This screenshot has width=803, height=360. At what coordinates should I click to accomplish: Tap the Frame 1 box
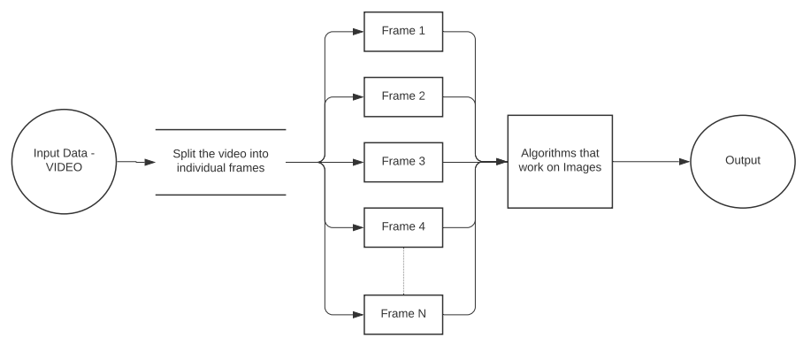click(403, 31)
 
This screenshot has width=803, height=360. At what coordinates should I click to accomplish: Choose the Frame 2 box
click(403, 96)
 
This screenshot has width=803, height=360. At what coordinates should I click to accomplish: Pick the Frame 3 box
click(403, 162)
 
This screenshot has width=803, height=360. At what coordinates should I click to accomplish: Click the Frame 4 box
click(403, 227)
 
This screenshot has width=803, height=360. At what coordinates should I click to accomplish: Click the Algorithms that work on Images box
click(560, 162)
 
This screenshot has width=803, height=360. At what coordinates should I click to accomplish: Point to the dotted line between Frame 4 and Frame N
click(403, 269)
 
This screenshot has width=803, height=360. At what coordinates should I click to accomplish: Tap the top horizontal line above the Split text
click(220, 129)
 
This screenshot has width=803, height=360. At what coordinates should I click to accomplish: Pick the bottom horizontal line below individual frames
click(220, 195)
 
